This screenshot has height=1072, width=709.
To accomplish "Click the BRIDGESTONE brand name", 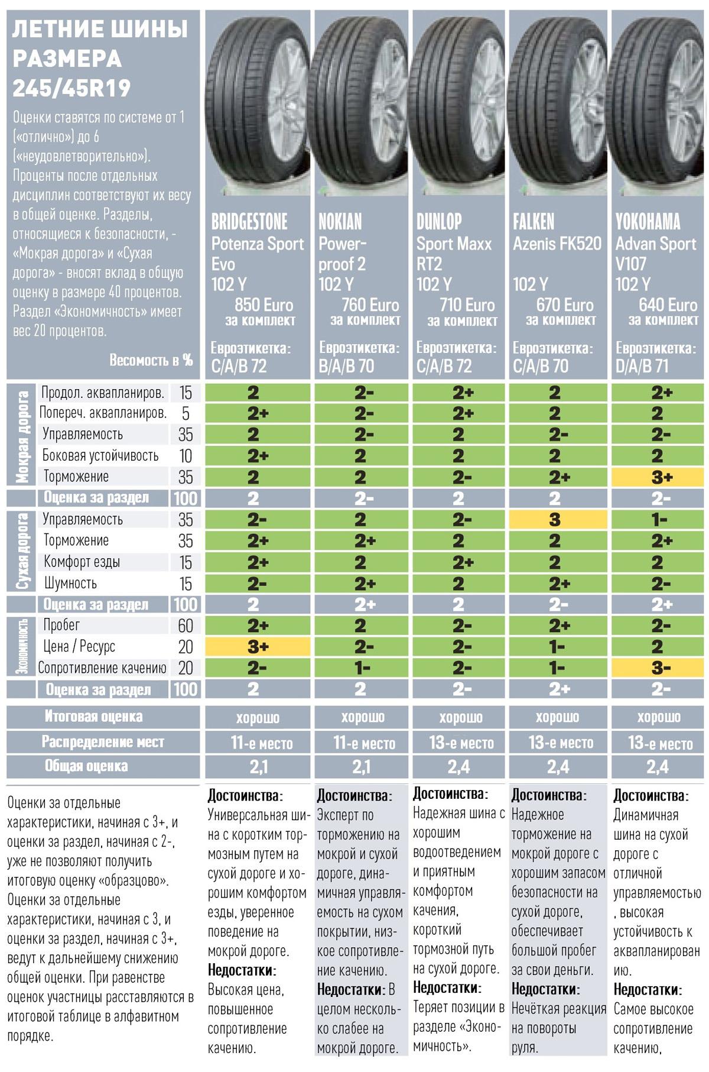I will [249, 222].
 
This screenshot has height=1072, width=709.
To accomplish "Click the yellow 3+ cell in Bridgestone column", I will [258, 646].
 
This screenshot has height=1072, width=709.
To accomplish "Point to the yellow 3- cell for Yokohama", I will [657, 668].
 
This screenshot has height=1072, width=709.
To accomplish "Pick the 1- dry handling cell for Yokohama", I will [657, 520].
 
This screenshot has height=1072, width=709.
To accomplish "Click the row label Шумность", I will [70, 583].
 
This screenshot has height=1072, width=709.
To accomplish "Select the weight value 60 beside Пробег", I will [185, 625].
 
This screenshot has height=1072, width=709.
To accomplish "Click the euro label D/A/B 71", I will [642, 366].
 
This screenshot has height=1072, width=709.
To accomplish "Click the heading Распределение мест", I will [102, 742].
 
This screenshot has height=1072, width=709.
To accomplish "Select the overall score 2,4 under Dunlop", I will [459, 767].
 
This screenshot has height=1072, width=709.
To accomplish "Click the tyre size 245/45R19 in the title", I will [71, 88].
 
